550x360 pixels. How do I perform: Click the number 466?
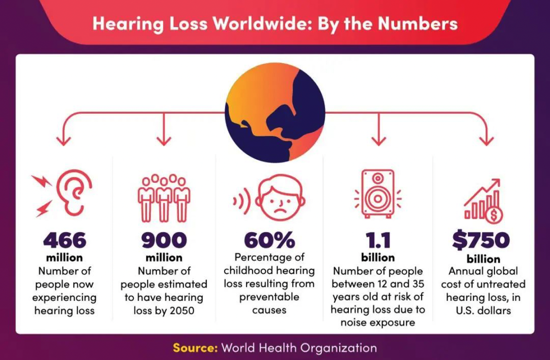click(x=65, y=240)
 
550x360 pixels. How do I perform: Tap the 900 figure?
click(x=164, y=240)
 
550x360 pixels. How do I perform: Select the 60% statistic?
click(x=269, y=240)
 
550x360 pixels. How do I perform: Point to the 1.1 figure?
click(x=378, y=240)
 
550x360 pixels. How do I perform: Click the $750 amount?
click(x=481, y=240)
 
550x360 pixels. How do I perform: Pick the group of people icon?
click(x=164, y=197)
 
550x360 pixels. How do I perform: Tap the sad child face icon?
click(x=278, y=198)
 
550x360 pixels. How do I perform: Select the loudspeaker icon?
click(x=378, y=193)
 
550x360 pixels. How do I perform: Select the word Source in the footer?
click(x=194, y=348)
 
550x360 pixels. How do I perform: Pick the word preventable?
click(x=269, y=297)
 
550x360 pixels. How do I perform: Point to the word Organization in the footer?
click(x=338, y=348)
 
